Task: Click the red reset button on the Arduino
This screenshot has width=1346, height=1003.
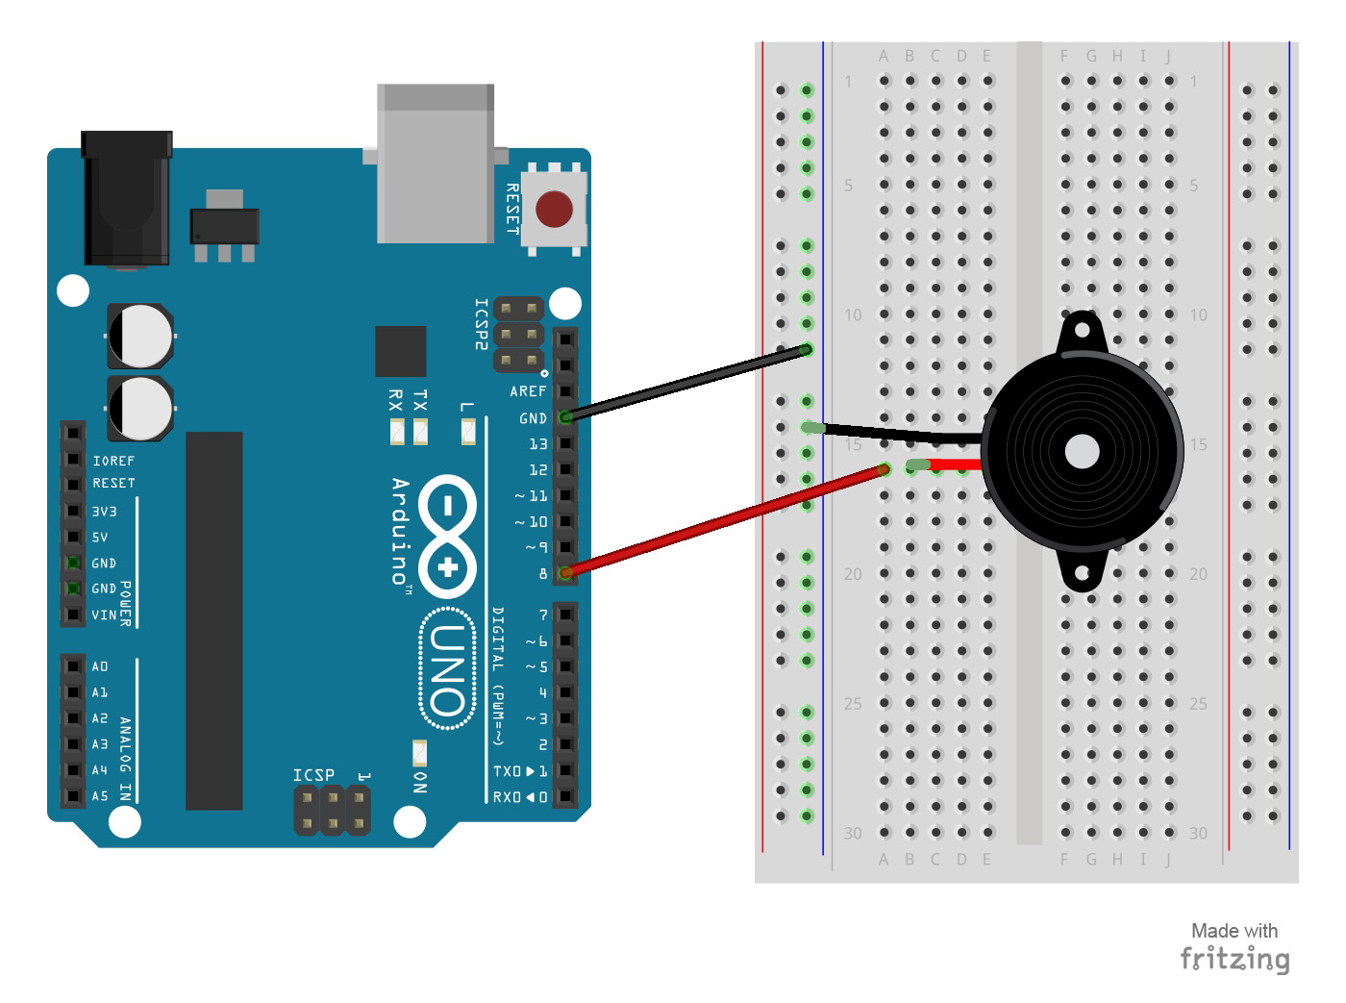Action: [554, 209]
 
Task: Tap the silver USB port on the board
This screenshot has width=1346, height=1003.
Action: [436, 163]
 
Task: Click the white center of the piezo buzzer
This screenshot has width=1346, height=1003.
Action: [1083, 451]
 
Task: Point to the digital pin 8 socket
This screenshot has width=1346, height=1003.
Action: [565, 573]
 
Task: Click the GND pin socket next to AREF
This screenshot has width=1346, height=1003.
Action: [565, 417]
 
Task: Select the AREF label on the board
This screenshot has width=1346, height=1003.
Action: [528, 391]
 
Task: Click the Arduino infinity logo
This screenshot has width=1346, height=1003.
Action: [448, 536]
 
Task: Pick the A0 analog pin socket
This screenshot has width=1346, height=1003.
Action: [73, 666]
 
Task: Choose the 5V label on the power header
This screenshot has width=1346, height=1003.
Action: [100, 538]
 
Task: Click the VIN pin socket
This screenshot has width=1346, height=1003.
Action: [73, 614]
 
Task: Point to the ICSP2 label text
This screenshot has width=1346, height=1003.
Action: [482, 324]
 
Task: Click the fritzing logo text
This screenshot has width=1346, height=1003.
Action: [1234, 959]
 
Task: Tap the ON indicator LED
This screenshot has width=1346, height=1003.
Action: [419, 752]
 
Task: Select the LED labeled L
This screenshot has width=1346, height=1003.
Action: [468, 433]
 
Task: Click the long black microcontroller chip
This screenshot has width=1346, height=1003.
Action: [213, 620]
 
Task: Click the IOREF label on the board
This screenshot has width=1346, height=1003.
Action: [113, 462]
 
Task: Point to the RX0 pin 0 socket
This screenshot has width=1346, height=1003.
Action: [565, 797]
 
